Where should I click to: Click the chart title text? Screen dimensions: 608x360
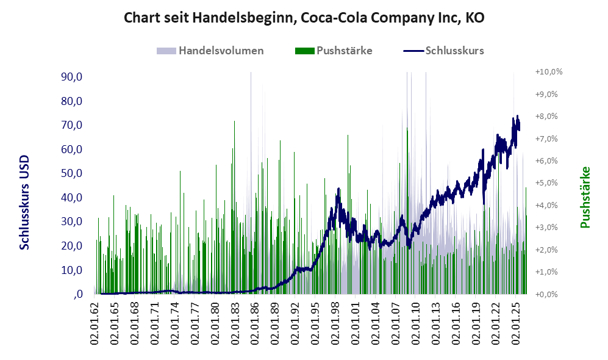304,18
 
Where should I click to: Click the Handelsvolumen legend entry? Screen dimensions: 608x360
210,51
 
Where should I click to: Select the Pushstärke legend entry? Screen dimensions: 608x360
334,51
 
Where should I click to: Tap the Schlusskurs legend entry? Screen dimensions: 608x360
443,51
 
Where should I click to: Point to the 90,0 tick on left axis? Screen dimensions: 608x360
72,77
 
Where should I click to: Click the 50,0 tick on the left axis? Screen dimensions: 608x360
72,173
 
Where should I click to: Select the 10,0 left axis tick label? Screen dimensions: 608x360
72,270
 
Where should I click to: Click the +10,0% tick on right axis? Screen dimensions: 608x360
549,72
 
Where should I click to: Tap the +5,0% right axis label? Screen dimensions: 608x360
546,182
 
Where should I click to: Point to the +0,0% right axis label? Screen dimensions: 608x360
546,294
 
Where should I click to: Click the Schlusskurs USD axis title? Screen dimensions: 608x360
24,203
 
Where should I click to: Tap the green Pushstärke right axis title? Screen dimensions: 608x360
585,197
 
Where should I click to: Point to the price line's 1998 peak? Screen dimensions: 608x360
338,189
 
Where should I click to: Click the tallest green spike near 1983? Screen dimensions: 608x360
234,121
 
